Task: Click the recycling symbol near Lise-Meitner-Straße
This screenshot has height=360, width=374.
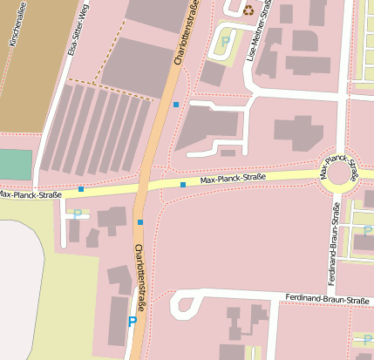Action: (x=248, y=10)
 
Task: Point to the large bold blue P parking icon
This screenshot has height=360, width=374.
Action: (x=133, y=322)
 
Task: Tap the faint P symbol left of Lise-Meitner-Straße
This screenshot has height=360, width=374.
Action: (x=226, y=40)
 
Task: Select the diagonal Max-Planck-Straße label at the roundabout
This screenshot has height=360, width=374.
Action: (x=339, y=166)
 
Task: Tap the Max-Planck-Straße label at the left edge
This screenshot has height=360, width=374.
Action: (x=31, y=194)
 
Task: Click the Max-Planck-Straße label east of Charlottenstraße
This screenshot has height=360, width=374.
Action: (x=233, y=179)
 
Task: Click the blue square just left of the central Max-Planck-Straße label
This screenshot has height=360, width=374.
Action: (x=183, y=185)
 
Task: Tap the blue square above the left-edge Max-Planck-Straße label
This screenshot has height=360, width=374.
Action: (x=81, y=188)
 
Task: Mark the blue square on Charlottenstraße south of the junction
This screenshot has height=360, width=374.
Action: (x=140, y=222)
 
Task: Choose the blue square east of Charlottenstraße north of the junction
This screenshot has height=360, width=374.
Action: (x=176, y=105)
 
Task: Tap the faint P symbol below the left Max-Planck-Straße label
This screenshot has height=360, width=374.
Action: (x=78, y=214)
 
